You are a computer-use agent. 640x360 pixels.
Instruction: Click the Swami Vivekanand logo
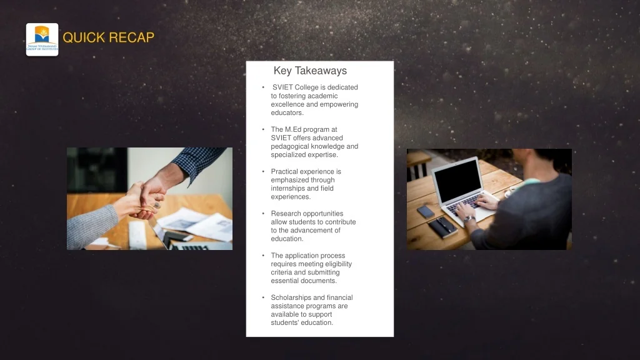pos(42,39)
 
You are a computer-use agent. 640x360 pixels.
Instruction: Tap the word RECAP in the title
pos(131,37)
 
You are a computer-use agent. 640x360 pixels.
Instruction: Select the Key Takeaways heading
pos(310,71)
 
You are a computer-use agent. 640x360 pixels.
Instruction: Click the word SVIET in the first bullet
pos(282,87)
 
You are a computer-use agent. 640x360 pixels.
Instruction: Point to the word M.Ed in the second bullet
pos(293,129)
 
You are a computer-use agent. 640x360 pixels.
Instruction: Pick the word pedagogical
pos(290,146)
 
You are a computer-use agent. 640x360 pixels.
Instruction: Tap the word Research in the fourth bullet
pos(285,214)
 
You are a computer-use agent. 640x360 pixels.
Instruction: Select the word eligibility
pos(338,264)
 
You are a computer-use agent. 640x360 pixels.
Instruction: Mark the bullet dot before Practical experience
pos(263,172)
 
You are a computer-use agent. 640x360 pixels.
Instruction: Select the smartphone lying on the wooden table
pos(425,211)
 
